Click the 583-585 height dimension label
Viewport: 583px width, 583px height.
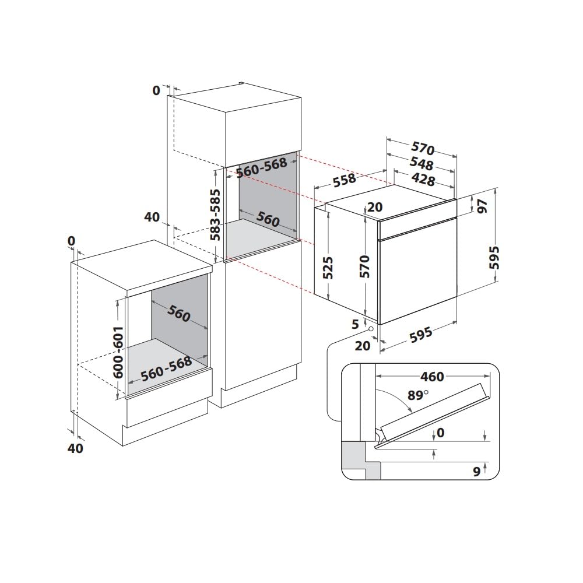pyautogui.click(x=215, y=215)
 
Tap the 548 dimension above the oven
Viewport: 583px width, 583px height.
pyautogui.click(x=422, y=163)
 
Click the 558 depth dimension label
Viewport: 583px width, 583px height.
pyautogui.click(x=345, y=180)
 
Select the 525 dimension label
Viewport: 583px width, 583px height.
pyautogui.click(x=328, y=267)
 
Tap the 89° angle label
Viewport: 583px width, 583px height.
pyautogui.click(x=417, y=395)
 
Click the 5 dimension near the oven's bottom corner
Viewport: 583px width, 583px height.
pyautogui.click(x=354, y=325)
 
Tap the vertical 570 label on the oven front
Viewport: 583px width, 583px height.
pyautogui.click(x=365, y=267)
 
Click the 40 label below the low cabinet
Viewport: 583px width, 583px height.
pyautogui.click(x=76, y=448)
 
